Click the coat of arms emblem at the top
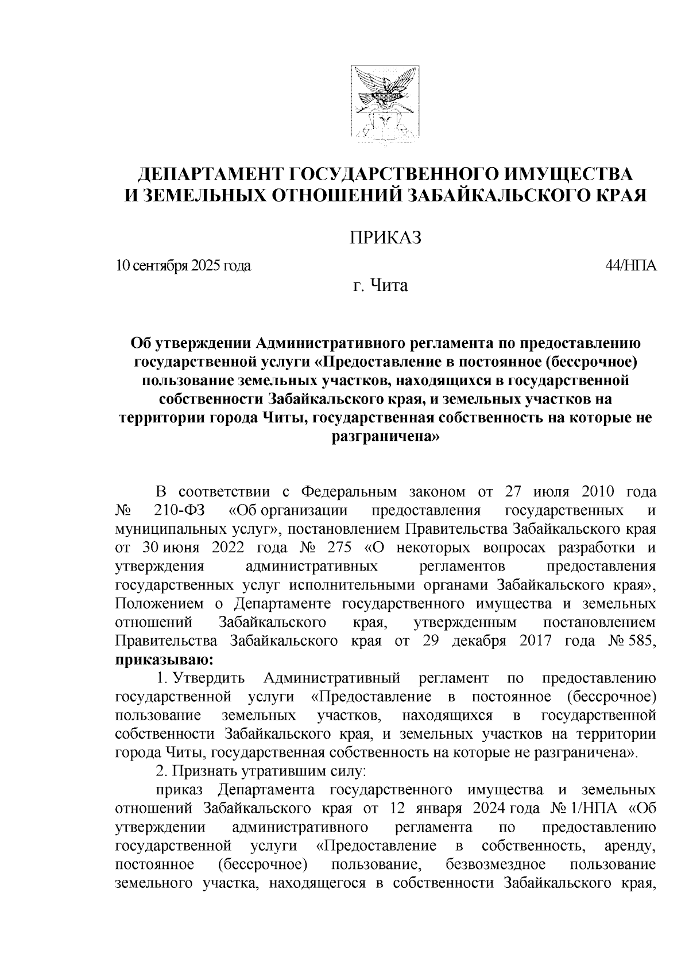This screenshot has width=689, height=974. (x=383, y=107)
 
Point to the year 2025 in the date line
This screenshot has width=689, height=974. (x=207, y=266)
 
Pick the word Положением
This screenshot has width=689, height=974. (x=160, y=603)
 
